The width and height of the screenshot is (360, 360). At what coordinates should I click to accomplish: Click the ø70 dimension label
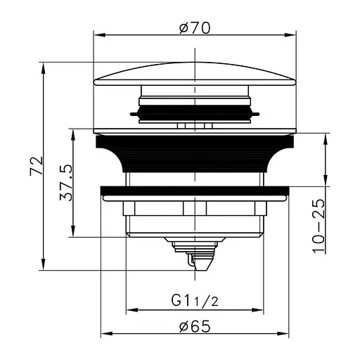point(195,28)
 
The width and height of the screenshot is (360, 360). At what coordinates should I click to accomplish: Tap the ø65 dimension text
point(195,326)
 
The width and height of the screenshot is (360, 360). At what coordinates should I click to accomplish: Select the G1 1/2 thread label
point(195,301)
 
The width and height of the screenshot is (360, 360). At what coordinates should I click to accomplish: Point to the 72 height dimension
point(37,165)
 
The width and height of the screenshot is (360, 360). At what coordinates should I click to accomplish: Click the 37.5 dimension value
point(66,182)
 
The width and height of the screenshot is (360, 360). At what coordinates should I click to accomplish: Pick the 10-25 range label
point(319,226)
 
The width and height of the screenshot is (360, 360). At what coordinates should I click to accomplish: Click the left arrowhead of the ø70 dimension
point(99,35)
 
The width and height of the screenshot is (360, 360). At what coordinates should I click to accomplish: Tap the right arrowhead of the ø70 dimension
point(290,35)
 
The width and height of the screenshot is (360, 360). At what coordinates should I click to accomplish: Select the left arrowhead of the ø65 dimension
point(106,333)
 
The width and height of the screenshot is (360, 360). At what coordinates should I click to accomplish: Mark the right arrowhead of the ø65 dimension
point(283,333)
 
